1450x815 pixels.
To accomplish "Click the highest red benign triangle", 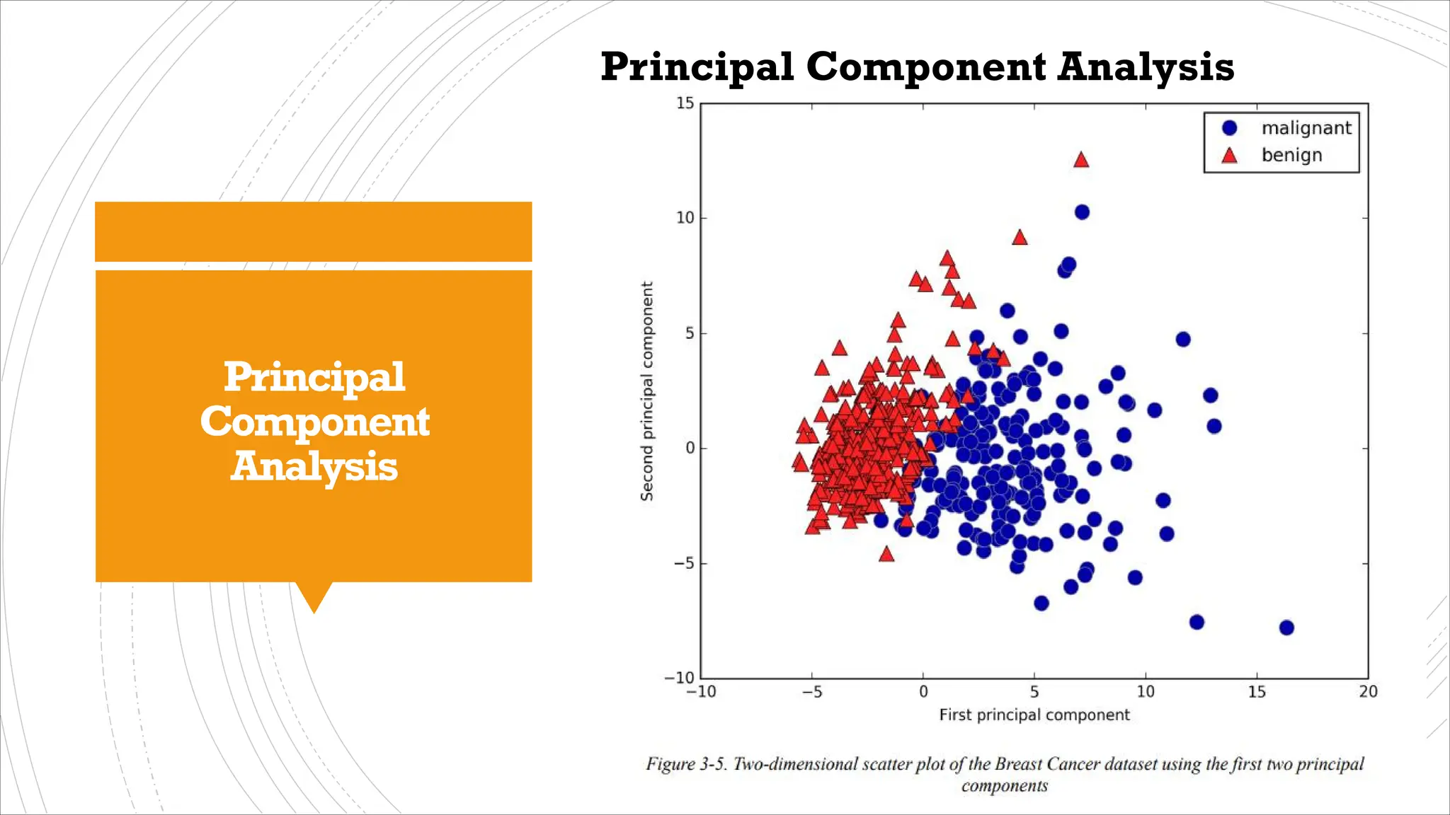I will click(1080, 160).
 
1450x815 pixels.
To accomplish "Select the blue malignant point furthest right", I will click(1286, 628).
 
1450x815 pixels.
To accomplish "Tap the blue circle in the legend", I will click(1229, 128).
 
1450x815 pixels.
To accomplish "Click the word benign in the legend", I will click(1291, 155).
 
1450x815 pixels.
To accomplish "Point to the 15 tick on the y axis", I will click(685, 103).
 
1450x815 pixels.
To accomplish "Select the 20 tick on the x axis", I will click(1368, 692).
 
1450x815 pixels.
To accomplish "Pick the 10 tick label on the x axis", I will click(1145, 692).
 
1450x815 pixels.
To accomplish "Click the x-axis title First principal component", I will click(1034, 715).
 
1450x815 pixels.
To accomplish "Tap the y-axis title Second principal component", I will click(646, 391).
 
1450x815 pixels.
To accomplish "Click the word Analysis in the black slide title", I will click(1145, 67).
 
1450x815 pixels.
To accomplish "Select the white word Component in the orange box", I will click(314, 422).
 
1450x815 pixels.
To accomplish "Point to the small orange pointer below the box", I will click(314, 596).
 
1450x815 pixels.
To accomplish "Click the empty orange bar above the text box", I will click(313, 231).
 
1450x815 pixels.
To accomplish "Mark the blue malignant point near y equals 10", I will click(1081, 212).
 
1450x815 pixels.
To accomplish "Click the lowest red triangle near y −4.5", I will click(886, 554).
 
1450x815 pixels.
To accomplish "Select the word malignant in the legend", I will click(1306, 128).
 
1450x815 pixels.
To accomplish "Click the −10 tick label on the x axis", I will click(700, 692).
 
